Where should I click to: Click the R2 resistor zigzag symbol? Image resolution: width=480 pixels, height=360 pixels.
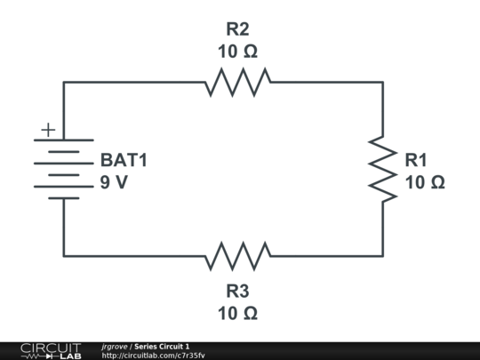tap(238, 83)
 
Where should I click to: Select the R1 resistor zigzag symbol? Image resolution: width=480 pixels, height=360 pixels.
tap(382, 169)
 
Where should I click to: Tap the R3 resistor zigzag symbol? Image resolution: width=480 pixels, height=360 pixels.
tap(238, 256)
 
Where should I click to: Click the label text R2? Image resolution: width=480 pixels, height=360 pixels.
tap(237, 29)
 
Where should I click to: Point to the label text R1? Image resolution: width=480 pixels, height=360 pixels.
tap(416, 160)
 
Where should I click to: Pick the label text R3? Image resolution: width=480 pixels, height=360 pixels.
tap(237, 292)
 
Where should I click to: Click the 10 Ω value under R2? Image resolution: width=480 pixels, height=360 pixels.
tap(237, 52)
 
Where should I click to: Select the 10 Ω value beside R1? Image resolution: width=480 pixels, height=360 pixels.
tap(425, 182)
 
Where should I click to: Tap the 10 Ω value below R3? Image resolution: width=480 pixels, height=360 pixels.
tap(237, 314)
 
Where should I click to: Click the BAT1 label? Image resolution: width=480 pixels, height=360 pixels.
tap(124, 160)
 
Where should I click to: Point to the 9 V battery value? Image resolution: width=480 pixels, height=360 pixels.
tap(114, 182)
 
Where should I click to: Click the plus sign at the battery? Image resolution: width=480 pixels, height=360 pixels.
tap(48, 130)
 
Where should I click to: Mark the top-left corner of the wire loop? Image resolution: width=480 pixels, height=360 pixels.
tap(64, 82)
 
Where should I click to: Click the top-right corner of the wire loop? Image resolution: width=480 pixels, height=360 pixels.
tap(383, 82)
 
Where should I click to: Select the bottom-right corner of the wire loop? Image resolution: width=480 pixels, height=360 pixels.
tap(383, 256)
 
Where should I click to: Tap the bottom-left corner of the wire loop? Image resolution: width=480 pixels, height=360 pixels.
tap(64, 256)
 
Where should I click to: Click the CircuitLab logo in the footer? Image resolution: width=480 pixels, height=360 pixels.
tap(51, 351)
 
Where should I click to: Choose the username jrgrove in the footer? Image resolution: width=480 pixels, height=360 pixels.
tap(115, 347)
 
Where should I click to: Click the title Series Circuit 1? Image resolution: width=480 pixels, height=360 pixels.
tap(162, 347)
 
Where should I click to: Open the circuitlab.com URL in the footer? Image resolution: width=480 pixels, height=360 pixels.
tap(154, 356)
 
